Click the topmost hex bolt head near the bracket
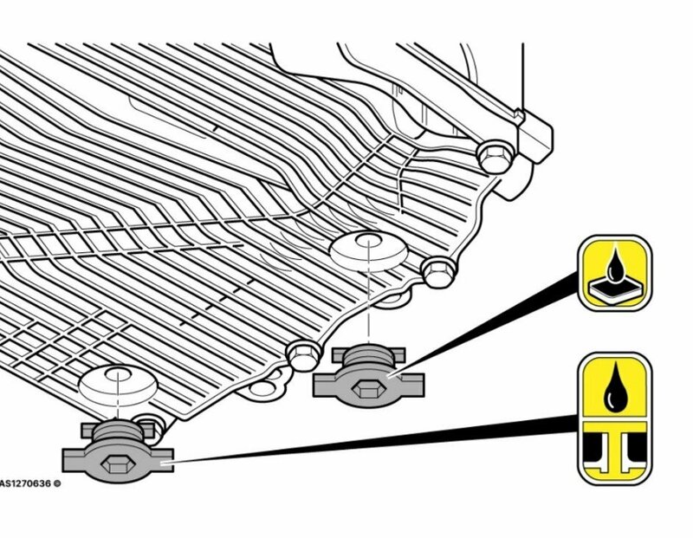495,157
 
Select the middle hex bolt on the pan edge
438,272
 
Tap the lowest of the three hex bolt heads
304,354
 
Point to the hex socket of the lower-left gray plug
118,464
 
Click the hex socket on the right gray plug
369,389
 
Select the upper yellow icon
615,273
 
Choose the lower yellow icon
615,418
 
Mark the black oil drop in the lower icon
615,388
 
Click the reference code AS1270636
25,483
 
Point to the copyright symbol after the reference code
57,483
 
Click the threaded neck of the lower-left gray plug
118,431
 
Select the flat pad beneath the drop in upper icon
615,289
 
